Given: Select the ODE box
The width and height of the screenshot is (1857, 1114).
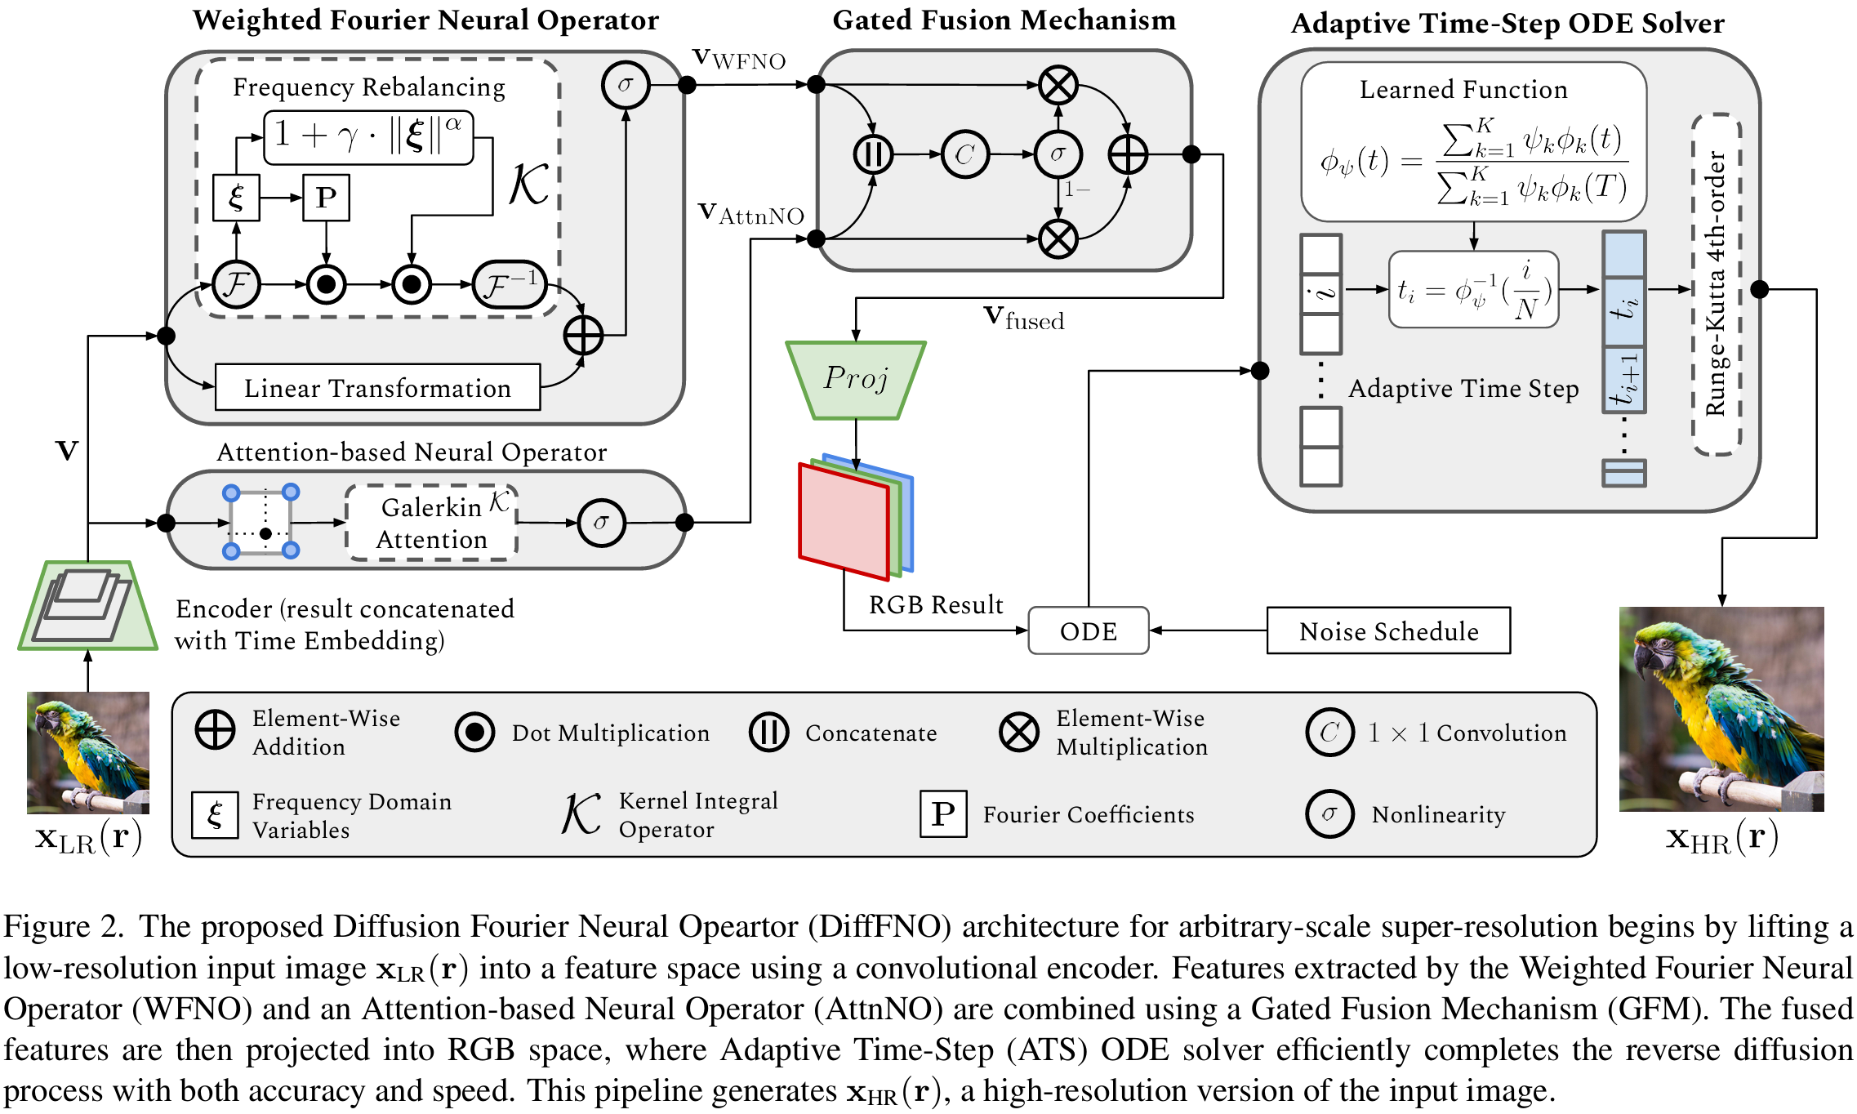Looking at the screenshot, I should tap(1088, 631).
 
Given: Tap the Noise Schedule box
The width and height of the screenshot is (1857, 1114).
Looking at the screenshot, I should tap(1388, 631).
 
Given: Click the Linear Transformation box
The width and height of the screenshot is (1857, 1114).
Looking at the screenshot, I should tap(377, 388).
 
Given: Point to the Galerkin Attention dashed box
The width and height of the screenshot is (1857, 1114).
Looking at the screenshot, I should tap(431, 524).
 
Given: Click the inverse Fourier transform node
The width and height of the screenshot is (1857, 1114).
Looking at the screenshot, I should tap(510, 285).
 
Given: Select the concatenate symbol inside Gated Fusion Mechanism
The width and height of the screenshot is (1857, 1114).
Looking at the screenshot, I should tap(873, 154).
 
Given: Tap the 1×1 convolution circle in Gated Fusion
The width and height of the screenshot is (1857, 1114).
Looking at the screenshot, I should tap(964, 154).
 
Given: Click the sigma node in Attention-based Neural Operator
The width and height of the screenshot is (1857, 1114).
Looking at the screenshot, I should tap(601, 523).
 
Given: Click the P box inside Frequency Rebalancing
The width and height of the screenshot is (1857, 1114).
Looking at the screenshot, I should tap(326, 198).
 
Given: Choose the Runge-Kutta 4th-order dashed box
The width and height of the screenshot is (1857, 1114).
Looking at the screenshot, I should tap(1717, 284).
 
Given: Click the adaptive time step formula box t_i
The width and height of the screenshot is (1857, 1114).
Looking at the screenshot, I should tap(1473, 289).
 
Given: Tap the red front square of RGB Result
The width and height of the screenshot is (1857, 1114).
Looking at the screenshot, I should tap(844, 521).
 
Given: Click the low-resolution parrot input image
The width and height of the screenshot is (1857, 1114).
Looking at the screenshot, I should tap(88, 752).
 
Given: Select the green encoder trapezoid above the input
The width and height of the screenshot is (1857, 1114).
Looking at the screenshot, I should tap(88, 605).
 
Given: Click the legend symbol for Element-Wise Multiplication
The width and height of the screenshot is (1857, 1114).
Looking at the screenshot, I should tap(1019, 732).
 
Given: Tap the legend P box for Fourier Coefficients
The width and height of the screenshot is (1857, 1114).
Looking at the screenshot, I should tap(943, 813).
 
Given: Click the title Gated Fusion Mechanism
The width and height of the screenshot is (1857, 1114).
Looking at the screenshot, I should tap(1004, 20).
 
